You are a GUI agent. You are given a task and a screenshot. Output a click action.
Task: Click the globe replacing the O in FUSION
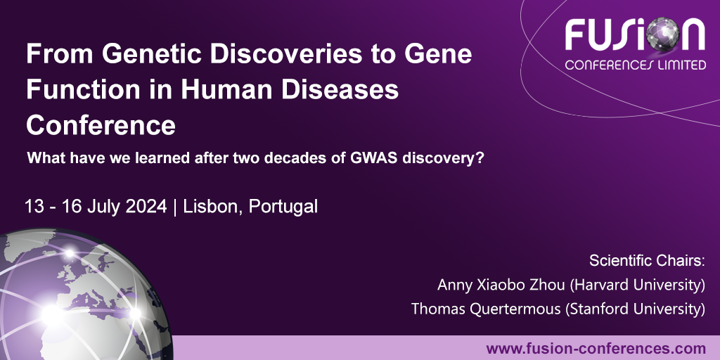pos(662,34)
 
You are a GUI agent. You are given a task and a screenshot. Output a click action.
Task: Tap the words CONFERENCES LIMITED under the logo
pos(636,65)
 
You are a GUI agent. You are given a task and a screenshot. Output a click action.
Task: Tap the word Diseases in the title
pos(340,89)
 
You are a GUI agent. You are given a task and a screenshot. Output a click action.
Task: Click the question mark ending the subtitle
pos(480,158)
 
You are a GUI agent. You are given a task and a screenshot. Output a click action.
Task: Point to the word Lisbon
pos(213,207)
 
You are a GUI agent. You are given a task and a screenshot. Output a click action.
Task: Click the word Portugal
pos(283,207)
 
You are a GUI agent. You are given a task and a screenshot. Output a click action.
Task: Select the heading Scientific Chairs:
pos(647,261)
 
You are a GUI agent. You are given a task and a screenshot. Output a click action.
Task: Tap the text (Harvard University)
pos(637,285)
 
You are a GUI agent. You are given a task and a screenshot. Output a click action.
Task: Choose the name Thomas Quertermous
pos(486,309)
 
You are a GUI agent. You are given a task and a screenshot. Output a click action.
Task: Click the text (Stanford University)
pos(635,309)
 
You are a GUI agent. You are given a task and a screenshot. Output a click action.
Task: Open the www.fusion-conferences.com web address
pos(596,349)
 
